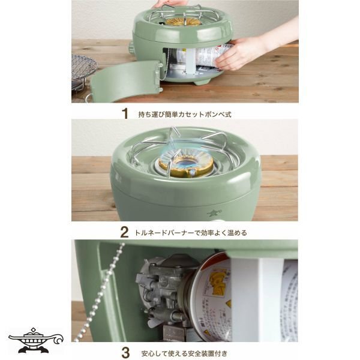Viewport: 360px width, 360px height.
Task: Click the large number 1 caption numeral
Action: (x=125, y=113)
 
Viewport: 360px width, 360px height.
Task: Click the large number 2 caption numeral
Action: (x=124, y=232)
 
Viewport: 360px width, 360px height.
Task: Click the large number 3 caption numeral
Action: (x=125, y=353)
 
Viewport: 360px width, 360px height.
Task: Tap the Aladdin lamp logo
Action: (x=35, y=340)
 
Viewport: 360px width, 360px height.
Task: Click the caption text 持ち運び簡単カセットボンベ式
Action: (x=185, y=115)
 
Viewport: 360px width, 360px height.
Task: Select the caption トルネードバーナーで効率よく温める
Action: (x=191, y=233)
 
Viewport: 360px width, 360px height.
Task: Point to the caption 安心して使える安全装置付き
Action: (x=184, y=353)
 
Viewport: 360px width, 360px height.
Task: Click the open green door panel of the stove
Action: (x=125, y=80)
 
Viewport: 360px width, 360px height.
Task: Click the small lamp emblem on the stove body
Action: (x=211, y=214)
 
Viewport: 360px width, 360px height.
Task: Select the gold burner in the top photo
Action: (x=183, y=22)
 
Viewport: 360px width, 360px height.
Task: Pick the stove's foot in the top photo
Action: (x=202, y=81)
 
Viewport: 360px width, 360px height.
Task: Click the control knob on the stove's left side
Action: (x=131, y=47)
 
